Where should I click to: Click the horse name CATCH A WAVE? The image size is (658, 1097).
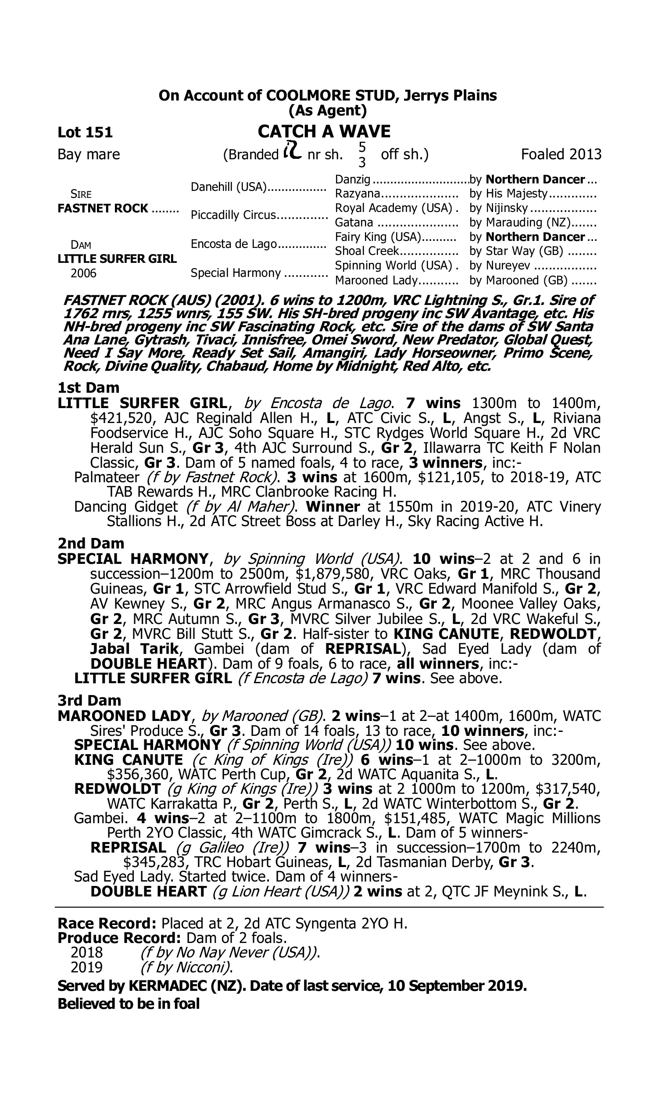pyautogui.click(x=324, y=132)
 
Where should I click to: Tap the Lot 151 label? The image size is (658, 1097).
pyautogui.click(x=85, y=132)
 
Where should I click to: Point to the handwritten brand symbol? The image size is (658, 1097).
pyautogui.click(x=292, y=151)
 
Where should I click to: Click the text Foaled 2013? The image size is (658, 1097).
pyautogui.click(x=561, y=154)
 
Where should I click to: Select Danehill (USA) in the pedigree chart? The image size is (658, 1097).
pyautogui.click(x=229, y=187)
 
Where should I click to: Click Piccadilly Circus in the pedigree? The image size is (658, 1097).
pyautogui.click(x=233, y=215)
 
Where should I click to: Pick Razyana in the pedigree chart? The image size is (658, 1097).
pyautogui.click(x=358, y=194)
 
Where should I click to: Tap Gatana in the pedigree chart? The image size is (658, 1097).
pyautogui.click(x=354, y=222)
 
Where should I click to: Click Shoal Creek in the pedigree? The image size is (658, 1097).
pyautogui.click(x=367, y=251)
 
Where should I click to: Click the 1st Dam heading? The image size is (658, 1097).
pyautogui.click(x=89, y=387)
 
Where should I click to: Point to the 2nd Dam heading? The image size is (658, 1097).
pyautogui.click(x=91, y=543)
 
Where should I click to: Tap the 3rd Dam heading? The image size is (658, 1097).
pyautogui.click(x=89, y=700)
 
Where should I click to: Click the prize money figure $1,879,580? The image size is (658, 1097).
pyautogui.click(x=333, y=574)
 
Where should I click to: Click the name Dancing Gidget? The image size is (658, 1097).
pyautogui.click(x=125, y=506)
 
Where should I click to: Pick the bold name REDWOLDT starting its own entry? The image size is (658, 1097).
pyautogui.click(x=117, y=789)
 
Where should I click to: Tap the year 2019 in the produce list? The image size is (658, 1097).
pyautogui.click(x=86, y=967)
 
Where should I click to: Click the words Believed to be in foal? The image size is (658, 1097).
pyautogui.click(x=129, y=1004)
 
